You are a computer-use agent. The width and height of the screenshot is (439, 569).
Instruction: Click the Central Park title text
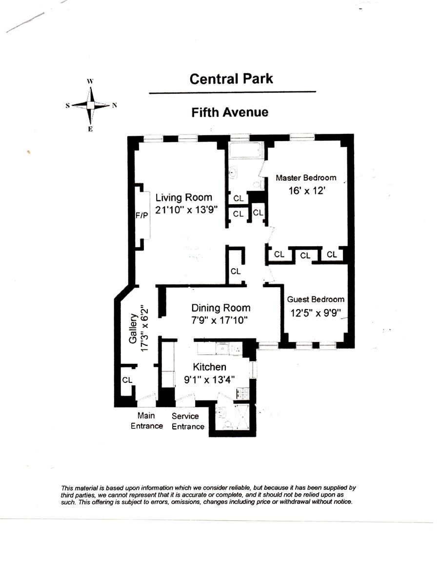coord(231,79)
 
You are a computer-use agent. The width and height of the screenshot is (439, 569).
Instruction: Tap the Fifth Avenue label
coord(229,112)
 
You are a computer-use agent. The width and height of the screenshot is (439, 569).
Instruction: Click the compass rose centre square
coord(90,105)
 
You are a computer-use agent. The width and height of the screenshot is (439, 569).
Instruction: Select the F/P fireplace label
coord(141,215)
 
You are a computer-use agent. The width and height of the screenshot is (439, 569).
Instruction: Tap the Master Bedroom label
coord(306,178)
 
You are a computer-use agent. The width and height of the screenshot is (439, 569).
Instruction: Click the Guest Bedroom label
coord(316,299)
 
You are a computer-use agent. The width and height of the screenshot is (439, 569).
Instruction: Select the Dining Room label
coord(220,308)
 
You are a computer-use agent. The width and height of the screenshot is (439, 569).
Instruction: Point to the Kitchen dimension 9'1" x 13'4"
coord(209,379)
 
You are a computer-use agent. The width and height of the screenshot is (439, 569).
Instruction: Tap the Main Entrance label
coord(146,421)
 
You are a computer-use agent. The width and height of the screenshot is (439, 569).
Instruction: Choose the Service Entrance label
coord(188,421)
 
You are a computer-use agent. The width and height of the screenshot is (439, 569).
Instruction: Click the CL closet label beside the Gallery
coord(127,379)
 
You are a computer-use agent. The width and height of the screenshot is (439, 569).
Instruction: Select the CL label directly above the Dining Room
coord(236,271)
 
